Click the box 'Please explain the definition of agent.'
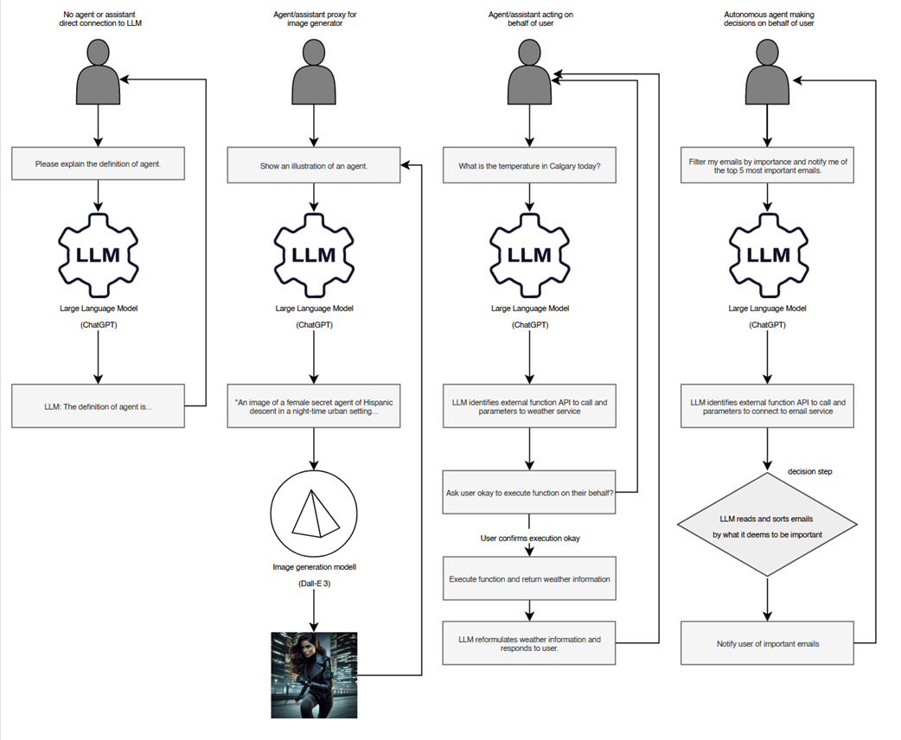(98, 163)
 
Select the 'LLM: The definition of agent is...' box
(98, 405)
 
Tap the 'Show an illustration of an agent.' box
(314, 165)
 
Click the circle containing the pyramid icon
(314, 515)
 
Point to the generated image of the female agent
(314, 675)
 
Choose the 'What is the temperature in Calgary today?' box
(529, 165)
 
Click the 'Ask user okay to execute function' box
(529, 494)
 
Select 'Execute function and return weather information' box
(529, 578)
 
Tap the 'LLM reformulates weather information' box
(529, 643)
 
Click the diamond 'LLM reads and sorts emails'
(767, 526)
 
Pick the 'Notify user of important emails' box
(767, 643)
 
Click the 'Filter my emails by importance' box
(767, 165)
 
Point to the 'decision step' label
(810, 471)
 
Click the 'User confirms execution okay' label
(530, 539)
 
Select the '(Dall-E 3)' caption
(314, 584)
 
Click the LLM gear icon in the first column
(98, 252)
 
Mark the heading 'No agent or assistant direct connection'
(99, 18)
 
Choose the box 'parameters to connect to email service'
(767, 405)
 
